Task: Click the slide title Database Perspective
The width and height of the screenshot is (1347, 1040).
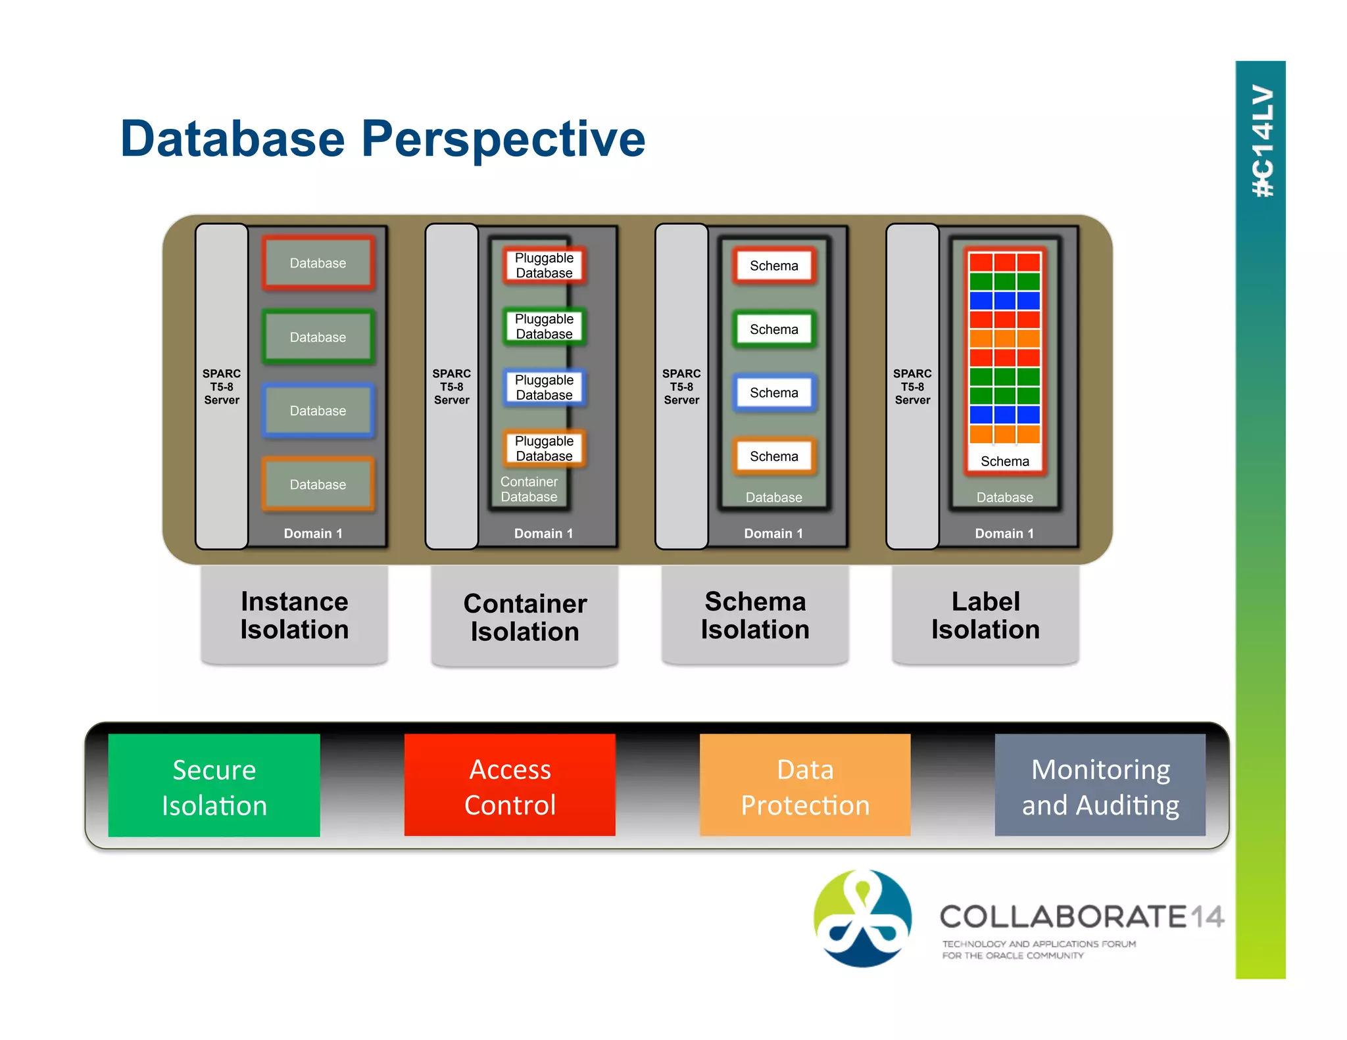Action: coord(383,139)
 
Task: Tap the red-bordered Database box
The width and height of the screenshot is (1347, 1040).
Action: coord(318,263)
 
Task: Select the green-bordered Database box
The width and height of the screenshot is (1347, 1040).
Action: coord(318,337)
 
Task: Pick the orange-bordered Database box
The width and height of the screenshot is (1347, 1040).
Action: coord(318,485)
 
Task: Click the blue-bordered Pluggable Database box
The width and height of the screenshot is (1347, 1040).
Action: coord(544,387)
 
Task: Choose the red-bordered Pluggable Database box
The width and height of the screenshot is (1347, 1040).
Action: coord(544,266)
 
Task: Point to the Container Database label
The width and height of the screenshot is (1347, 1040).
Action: coord(529,489)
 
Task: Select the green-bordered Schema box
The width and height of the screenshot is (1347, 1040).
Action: coord(774,329)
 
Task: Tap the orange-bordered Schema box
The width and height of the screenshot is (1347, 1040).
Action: coord(774,456)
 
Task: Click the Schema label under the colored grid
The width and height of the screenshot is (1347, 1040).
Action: coord(1004,461)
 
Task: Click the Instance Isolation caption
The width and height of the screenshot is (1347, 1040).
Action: coord(294,615)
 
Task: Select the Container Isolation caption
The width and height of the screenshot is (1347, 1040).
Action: coord(524,617)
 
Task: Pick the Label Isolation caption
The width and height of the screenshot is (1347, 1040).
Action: coord(985,615)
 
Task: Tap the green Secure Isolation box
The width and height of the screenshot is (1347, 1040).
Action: coord(214,786)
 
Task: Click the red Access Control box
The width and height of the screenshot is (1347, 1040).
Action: coord(510,786)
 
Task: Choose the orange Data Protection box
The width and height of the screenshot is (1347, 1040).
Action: coord(805,786)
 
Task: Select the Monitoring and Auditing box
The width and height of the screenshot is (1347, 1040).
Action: coord(1100,786)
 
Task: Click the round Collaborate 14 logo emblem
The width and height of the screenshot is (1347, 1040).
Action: coord(862,918)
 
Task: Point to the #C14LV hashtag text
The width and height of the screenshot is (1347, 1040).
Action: coord(1262,141)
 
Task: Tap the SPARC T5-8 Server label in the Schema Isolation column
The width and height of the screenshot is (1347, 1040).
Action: coord(681,387)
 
